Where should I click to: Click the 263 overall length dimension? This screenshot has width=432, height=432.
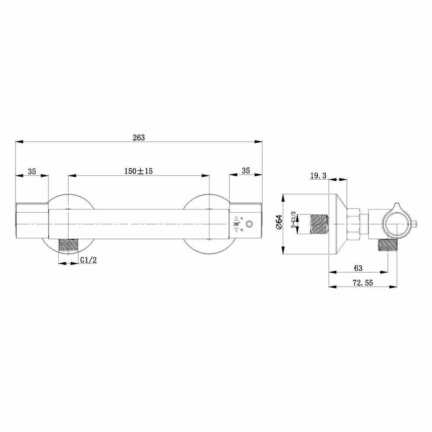(139, 137)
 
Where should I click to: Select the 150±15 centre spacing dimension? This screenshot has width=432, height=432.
(138, 171)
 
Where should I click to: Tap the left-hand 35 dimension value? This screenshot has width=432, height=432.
(32, 172)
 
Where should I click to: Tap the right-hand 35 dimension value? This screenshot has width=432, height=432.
(246, 171)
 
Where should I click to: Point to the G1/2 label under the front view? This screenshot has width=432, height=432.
(89, 260)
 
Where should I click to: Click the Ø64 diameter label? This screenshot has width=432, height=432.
(279, 222)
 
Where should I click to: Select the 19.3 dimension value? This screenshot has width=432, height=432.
(318, 175)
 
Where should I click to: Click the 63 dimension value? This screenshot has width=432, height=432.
(358, 268)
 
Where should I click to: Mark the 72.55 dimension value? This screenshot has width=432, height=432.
(363, 283)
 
